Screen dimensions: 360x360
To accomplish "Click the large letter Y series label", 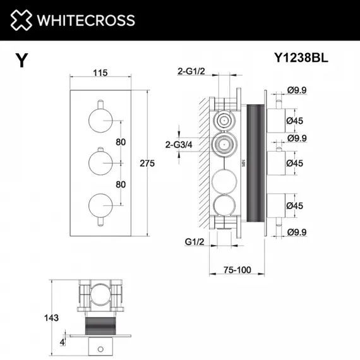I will [x=22, y=61].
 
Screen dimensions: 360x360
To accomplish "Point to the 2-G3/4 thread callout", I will [x=179, y=145].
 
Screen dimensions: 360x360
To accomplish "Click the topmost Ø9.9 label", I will [x=296, y=90].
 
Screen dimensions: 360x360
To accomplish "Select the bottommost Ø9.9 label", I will [x=296, y=233].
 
